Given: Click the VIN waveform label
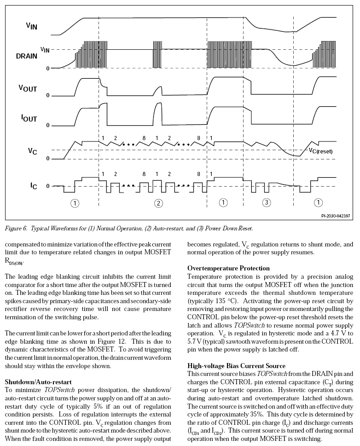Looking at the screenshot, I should (32, 26).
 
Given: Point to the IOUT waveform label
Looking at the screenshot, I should (29, 118).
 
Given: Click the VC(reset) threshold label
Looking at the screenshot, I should (320, 150).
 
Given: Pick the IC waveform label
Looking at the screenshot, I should (34, 186).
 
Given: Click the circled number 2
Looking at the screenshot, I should (158, 203).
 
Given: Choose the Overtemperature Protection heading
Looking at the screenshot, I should (228, 268).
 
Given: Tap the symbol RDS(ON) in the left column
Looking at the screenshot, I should (13, 262).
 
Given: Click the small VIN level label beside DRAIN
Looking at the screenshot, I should (45, 49).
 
